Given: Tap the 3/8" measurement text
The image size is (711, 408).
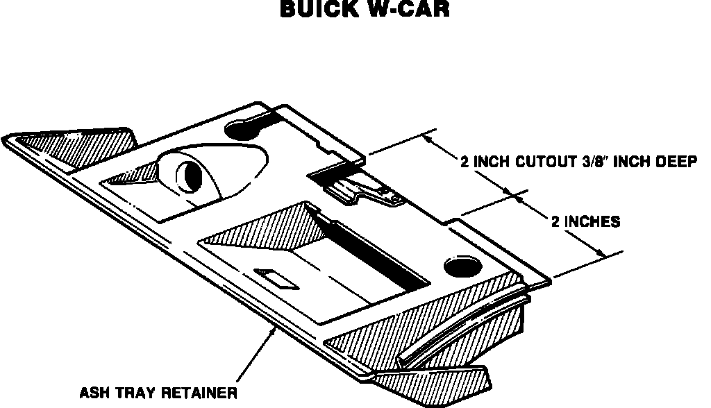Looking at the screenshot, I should [592, 162].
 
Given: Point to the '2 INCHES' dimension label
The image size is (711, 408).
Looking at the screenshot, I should [585, 223].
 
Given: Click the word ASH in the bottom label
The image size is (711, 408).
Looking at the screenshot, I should [94, 393].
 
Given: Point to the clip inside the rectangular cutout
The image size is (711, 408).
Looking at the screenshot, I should [368, 191].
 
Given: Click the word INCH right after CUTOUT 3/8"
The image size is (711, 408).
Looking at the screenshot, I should [629, 162].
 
